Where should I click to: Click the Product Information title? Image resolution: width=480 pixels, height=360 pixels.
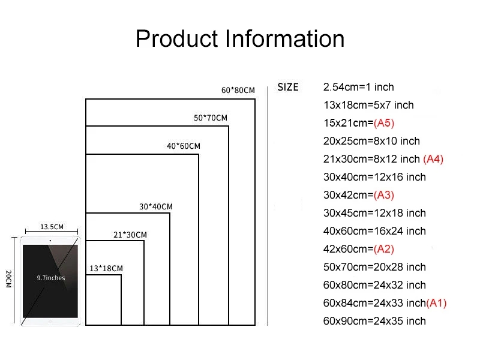240,39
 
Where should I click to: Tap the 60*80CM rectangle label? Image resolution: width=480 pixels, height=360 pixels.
238,91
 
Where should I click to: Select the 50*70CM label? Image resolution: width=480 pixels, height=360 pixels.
211,118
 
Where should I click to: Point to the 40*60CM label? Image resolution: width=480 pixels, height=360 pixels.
184,146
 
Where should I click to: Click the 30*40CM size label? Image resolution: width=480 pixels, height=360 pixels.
156,206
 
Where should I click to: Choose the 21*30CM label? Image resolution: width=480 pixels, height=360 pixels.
130,235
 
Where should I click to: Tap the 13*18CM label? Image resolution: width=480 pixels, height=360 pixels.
106,268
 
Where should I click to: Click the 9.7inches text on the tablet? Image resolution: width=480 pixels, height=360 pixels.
51,278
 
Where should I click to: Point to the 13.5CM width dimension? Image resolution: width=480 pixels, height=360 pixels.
52,227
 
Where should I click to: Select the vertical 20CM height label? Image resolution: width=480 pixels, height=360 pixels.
8,280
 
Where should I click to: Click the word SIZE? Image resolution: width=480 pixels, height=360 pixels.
288,87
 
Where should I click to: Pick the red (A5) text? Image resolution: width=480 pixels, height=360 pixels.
384,123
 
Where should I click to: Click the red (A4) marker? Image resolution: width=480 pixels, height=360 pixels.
433,159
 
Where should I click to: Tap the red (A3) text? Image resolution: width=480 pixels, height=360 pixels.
384,195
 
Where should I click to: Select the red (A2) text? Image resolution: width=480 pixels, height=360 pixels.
384,249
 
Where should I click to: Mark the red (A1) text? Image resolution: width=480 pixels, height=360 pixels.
436,303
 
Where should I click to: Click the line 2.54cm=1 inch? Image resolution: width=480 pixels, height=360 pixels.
359,87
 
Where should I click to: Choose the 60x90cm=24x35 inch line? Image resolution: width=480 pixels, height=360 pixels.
374,321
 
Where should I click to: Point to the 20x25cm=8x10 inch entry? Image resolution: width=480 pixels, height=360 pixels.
371,141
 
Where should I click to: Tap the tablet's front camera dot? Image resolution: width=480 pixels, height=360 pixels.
50,241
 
